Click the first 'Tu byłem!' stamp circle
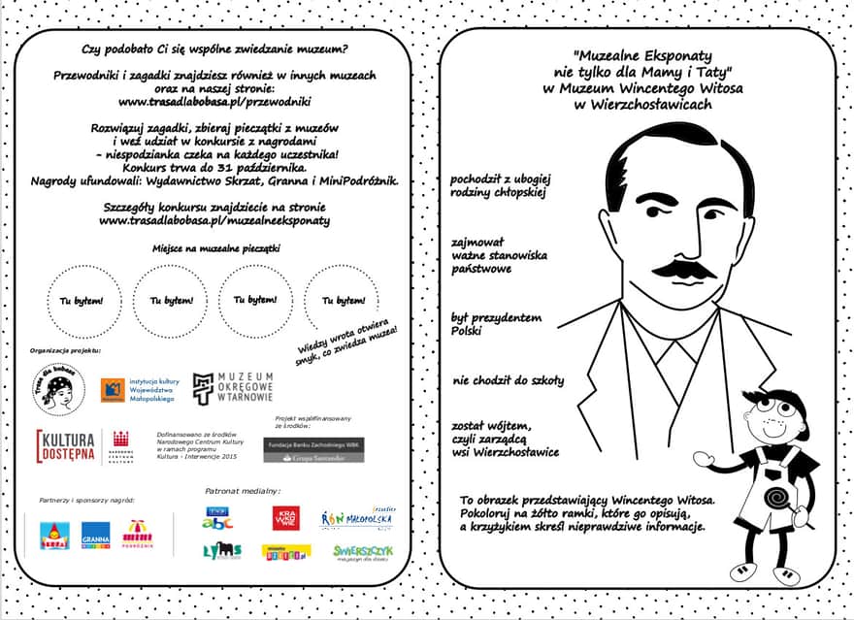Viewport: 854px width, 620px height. [x=82, y=301]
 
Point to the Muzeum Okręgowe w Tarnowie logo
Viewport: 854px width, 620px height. [x=233, y=387]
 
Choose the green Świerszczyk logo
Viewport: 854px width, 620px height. [x=363, y=551]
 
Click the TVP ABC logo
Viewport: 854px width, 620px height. [x=217, y=518]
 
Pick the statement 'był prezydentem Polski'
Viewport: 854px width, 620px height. [x=497, y=324]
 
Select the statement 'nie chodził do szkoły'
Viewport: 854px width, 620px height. [x=508, y=380]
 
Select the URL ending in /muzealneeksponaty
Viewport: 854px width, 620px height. [x=214, y=220]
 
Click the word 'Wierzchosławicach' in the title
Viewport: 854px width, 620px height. [x=643, y=104]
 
